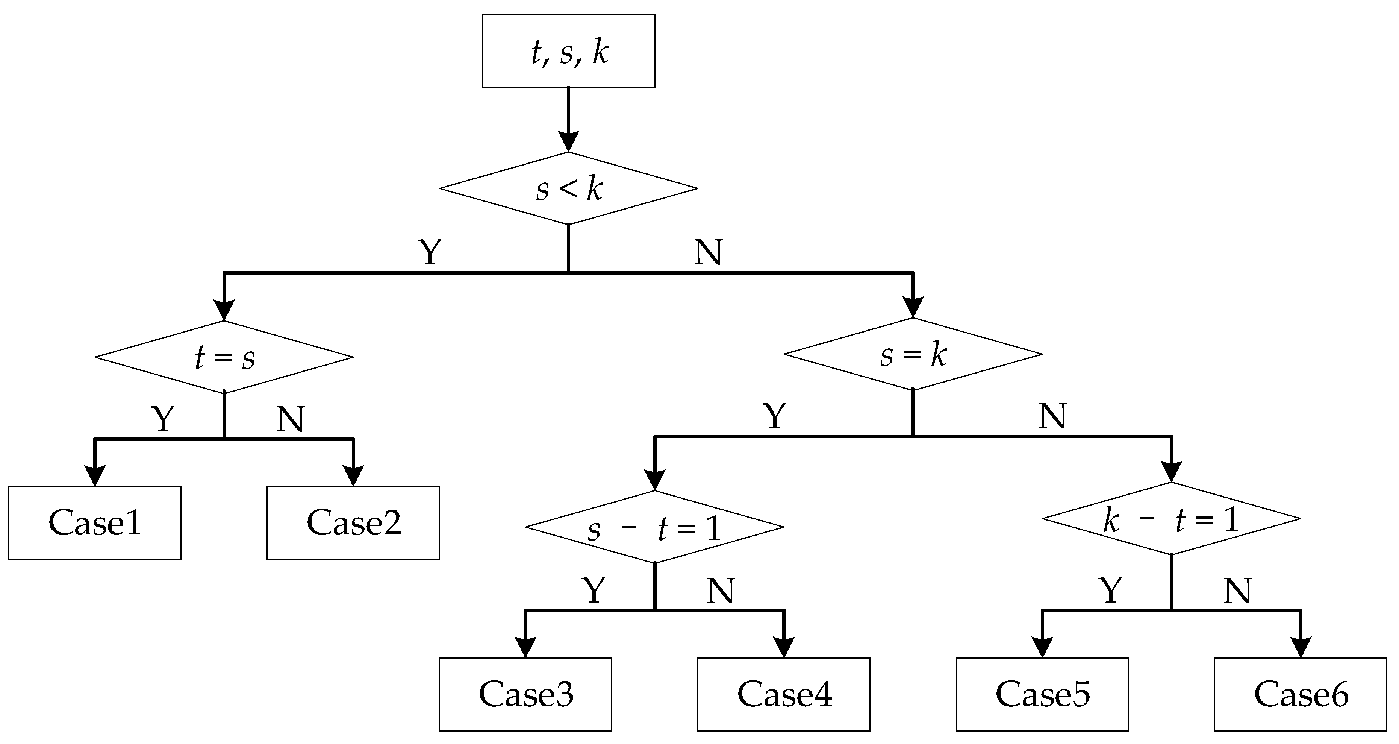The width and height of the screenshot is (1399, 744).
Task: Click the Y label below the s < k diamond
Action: (x=430, y=252)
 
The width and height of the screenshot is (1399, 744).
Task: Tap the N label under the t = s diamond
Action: (x=290, y=419)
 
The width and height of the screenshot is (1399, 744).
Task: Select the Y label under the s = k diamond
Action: (x=774, y=416)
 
